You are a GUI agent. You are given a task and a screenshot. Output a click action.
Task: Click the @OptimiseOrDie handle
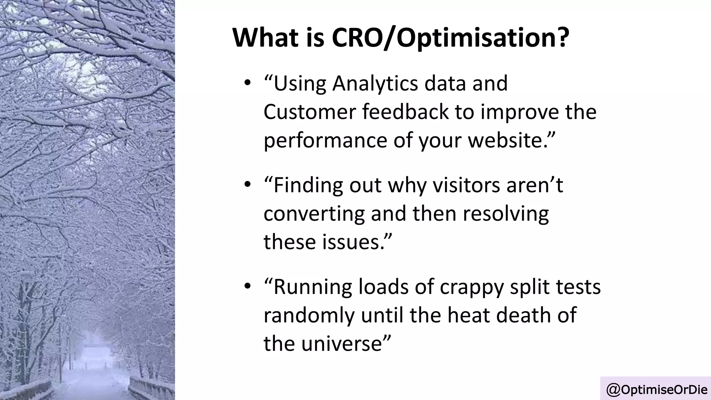pyautogui.click(x=656, y=390)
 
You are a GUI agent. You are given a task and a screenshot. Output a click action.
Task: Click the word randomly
pyautogui.click(x=309, y=316)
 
